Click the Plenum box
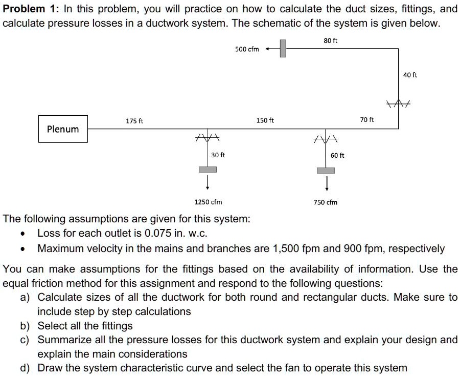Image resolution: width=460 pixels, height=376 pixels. (x=63, y=129)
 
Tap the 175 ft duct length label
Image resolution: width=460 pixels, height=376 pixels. (x=135, y=121)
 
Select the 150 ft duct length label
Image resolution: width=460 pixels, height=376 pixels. (x=265, y=121)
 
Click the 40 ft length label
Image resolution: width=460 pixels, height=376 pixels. (x=410, y=75)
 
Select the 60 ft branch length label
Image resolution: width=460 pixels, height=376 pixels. (x=337, y=155)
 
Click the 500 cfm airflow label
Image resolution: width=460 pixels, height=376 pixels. (x=247, y=49)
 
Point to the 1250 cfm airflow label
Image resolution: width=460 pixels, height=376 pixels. (x=209, y=202)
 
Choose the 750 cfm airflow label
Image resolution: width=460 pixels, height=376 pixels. (x=326, y=202)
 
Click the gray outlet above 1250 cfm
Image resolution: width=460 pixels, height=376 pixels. (x=208, y=170)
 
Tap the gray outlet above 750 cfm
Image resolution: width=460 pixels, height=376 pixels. (x=326, y=170)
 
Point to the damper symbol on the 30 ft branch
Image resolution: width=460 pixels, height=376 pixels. (x=208, y=138)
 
